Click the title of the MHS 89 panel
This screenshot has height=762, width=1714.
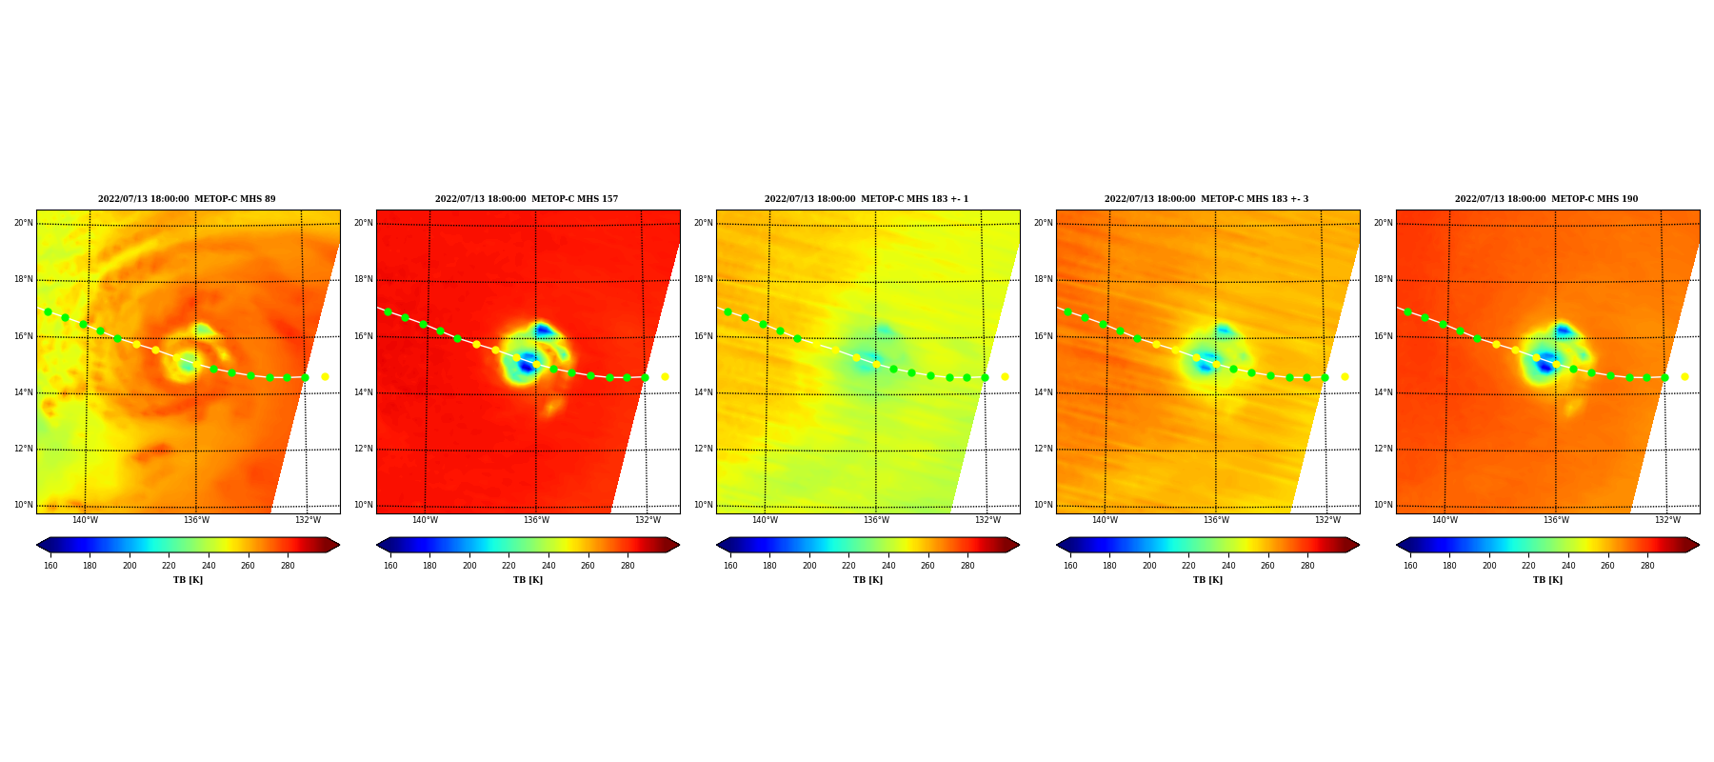tap(187, 199)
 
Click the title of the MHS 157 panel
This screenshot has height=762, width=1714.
tap(527, 199)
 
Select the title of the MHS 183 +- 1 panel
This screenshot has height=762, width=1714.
tap(867, 199)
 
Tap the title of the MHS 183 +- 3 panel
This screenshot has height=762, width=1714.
tap(1206, 199)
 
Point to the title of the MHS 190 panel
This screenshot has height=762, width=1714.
tap(1546, 199)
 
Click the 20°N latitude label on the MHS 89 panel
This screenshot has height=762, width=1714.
tap(23, 223)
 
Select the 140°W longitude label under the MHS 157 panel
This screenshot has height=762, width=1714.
tap(425, 520)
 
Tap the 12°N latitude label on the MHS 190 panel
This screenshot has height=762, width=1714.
tap(1383, 449)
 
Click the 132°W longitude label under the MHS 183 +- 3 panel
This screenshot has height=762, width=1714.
tap(1327, 520)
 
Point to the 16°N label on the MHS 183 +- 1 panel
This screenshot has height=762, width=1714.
tap(703, 336)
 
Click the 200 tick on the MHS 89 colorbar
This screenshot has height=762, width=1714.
tap(130, 566)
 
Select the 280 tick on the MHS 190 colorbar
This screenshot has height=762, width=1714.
tap(1647, 566)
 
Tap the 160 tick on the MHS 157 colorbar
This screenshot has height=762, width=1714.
tap(390, 566)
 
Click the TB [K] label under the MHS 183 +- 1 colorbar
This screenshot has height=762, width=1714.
tap(867, 580)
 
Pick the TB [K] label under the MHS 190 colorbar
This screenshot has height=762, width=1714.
tap(1547, 580)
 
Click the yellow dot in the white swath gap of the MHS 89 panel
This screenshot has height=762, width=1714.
tap(325, 376)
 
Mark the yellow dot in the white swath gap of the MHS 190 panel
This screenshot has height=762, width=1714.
tap(1684, 376)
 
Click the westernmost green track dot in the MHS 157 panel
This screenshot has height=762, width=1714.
tap(388, 311)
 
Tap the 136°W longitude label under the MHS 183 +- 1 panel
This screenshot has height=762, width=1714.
tap(876, 520)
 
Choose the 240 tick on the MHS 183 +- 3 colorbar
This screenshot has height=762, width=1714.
tap(1228, 566)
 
